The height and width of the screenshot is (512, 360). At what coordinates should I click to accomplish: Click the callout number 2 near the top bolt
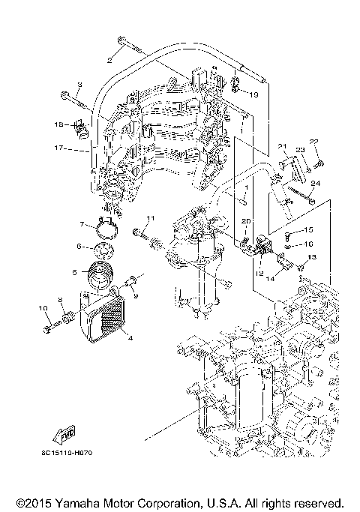tap(109, 58)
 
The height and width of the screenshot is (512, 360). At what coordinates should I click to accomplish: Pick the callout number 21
tap(283, 146)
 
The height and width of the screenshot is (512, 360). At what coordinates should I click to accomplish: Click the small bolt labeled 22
tap(319, 163)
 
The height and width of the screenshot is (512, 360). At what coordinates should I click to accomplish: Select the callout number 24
tap(315, 182)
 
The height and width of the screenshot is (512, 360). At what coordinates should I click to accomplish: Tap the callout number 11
tap(149, 218)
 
